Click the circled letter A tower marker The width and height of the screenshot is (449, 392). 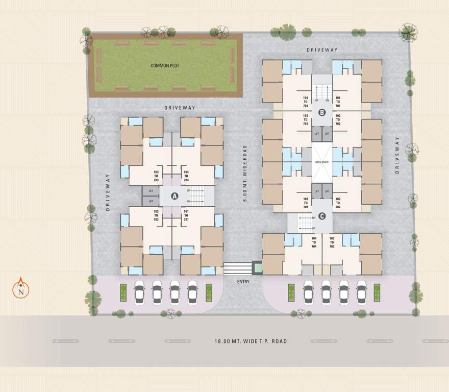point(174,195)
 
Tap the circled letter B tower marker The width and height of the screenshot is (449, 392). point(322,112)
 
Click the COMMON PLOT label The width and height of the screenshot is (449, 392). point(165,66)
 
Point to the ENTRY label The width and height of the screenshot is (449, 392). point(243,282)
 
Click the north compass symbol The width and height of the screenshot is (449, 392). point(21,289)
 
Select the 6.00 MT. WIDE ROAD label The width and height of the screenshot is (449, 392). point(245,174)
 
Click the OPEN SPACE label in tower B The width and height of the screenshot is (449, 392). point(322,162)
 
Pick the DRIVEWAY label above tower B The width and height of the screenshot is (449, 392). point(322,50)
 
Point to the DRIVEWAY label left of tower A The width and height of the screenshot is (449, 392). point(108,192)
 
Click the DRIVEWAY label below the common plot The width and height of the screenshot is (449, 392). point(180,108)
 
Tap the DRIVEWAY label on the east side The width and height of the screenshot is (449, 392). point(398,156)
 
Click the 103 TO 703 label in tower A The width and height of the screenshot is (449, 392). point(156,176)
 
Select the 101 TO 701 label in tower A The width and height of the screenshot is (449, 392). point(186,215)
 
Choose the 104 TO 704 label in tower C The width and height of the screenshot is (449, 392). point(314,242)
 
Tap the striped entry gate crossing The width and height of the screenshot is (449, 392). point(238,268)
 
